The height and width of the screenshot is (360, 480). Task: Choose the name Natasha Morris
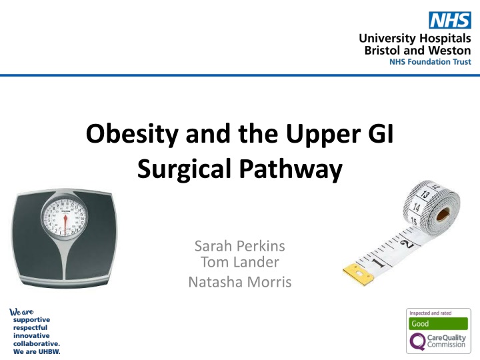[x=240, y=283]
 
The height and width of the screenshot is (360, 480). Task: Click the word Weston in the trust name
[x=451, y=50]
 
